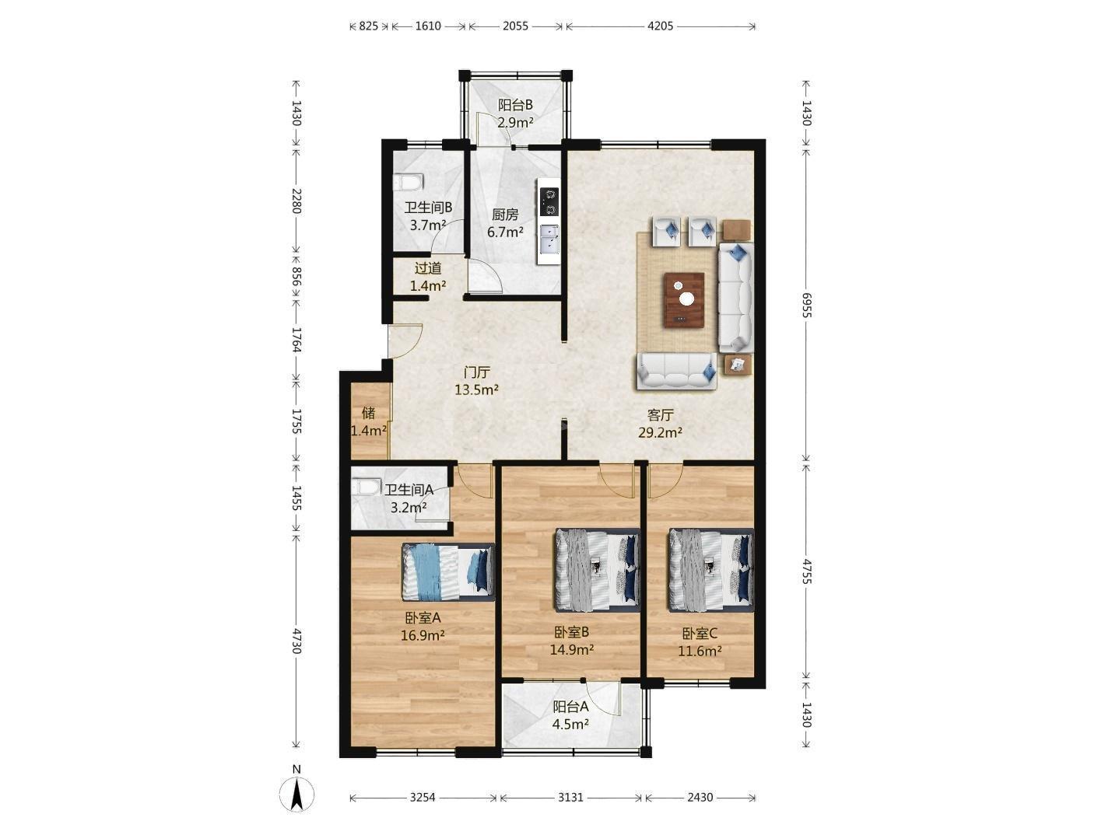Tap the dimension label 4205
660,26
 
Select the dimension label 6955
806,305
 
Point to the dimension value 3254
423,798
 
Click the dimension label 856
296,277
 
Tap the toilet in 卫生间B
409,182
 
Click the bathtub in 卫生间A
366,487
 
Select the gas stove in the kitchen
549,201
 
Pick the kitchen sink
549,239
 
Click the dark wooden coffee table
684,300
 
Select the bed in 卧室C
710,570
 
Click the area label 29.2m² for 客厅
660,432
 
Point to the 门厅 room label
476,372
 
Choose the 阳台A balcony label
570,707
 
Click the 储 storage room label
369,413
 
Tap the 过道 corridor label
428,268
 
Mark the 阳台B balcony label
515,104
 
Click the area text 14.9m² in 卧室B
571,649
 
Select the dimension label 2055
515,26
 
